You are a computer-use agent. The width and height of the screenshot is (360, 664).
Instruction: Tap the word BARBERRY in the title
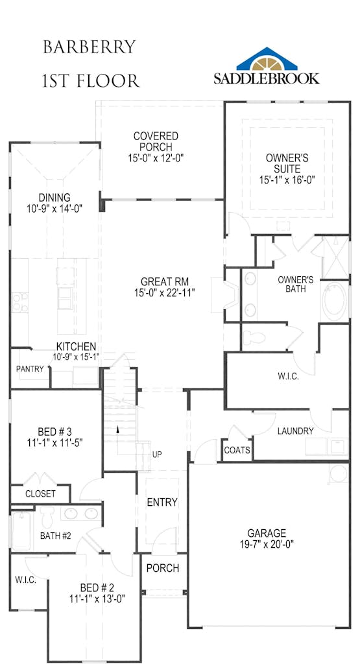click(90, 47)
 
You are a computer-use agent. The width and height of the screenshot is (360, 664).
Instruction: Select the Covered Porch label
click(156, 141)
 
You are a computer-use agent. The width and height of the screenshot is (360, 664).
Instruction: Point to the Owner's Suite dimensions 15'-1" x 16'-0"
click(287, 180)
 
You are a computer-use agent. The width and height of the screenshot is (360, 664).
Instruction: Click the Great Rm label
click(165, 281)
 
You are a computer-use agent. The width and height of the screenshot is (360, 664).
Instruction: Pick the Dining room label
click(54, 197)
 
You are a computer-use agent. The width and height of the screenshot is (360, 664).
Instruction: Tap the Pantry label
click(30, 369)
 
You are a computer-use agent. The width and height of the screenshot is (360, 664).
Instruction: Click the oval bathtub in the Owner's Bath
click(335, 301)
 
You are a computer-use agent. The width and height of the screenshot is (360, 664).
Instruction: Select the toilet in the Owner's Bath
click(253, 338)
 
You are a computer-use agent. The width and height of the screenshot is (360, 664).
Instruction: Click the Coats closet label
click(237, 450)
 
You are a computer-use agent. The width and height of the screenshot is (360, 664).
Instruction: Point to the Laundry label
click(296, 431)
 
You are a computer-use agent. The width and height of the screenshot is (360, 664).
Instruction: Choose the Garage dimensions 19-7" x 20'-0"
click(267, 544)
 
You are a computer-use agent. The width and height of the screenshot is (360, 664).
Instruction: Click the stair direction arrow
click(118, 429)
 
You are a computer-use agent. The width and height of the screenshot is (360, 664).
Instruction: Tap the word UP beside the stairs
click(157, 455)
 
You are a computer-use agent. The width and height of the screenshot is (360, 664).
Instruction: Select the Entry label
click(162, 503)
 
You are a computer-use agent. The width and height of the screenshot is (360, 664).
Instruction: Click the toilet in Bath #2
click(47, 516)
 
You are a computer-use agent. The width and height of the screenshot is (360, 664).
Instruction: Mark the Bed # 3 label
click(54, 432)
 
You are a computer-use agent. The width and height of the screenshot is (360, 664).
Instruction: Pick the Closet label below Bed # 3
click(40, 493)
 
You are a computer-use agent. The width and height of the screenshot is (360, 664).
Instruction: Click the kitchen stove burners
click(19, 302)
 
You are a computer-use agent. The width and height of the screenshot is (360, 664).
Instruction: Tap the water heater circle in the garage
click(339, 473)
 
